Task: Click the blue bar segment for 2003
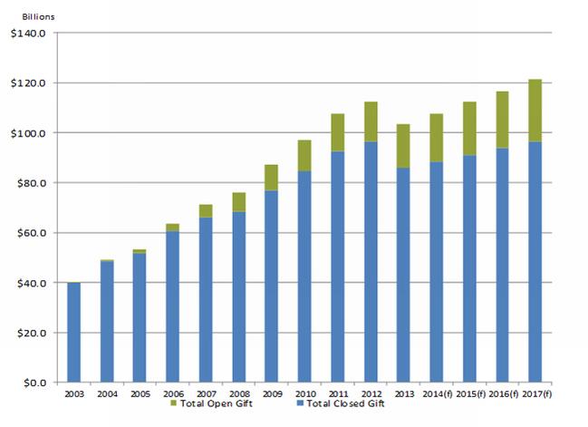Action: coord(74,332)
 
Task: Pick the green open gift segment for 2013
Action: coord(403,145)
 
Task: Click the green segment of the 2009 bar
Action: coord(272,177)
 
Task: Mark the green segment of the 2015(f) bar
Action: coord(469,128)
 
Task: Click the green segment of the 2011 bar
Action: coord(338,132)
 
